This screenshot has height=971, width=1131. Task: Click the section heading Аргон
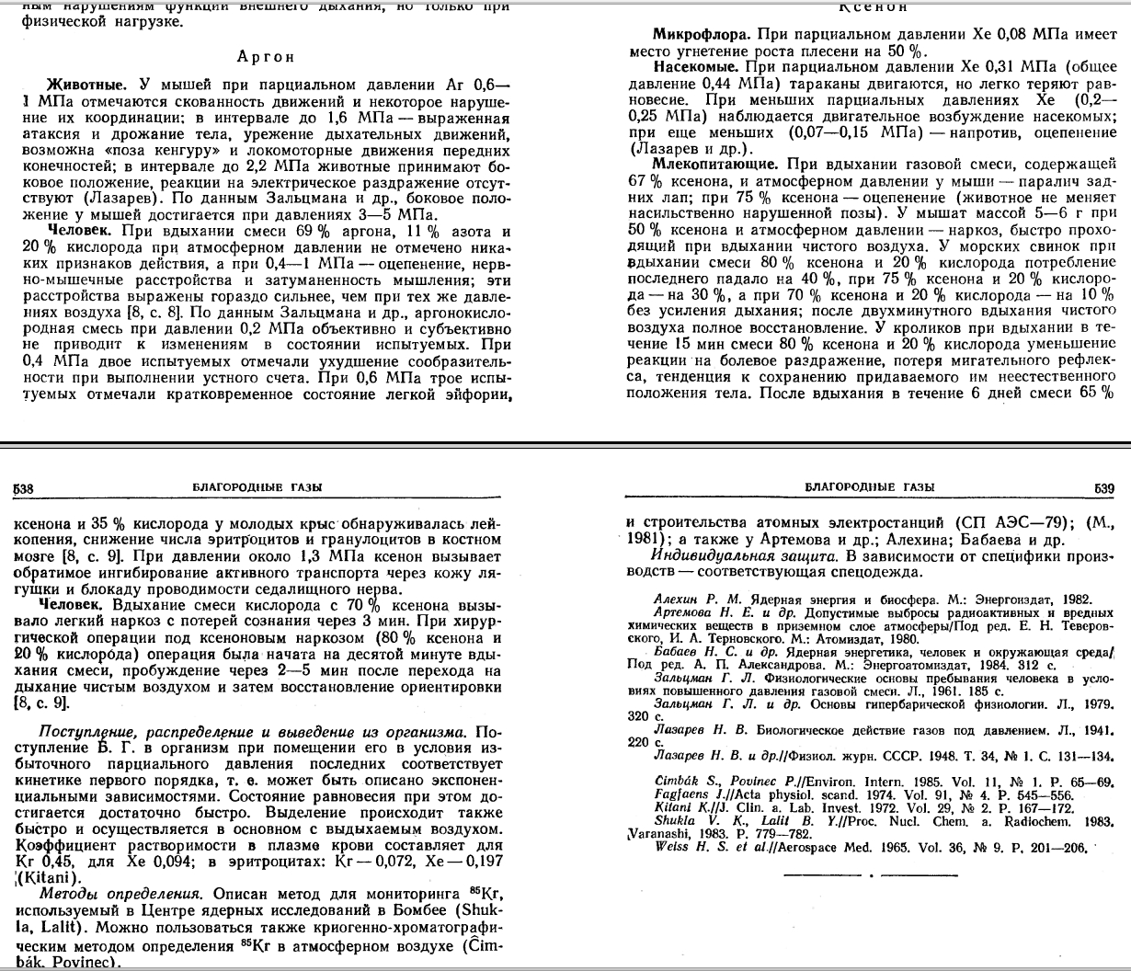pyautogui.click(x=265, y=56)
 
